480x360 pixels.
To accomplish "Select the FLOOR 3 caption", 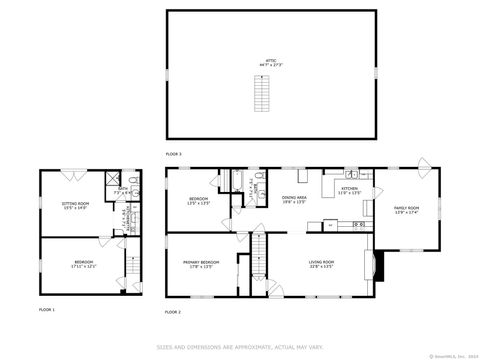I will [174, 153].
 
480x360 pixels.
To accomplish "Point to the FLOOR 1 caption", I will [47, 310].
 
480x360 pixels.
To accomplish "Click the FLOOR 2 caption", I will [174, 312].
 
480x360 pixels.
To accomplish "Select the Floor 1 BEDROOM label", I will [82, 264].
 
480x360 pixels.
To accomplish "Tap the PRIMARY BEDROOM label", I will [201, 264].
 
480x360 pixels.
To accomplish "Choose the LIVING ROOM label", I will [320, 264].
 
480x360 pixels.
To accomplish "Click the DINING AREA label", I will [294, 199].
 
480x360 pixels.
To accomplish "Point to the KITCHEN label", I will [349, 190].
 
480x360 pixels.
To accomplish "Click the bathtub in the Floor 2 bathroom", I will [239, 183].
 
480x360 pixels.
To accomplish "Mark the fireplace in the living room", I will [373, 266].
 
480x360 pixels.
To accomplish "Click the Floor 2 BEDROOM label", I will [199, 201].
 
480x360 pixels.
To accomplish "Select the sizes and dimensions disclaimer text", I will [239, 347].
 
